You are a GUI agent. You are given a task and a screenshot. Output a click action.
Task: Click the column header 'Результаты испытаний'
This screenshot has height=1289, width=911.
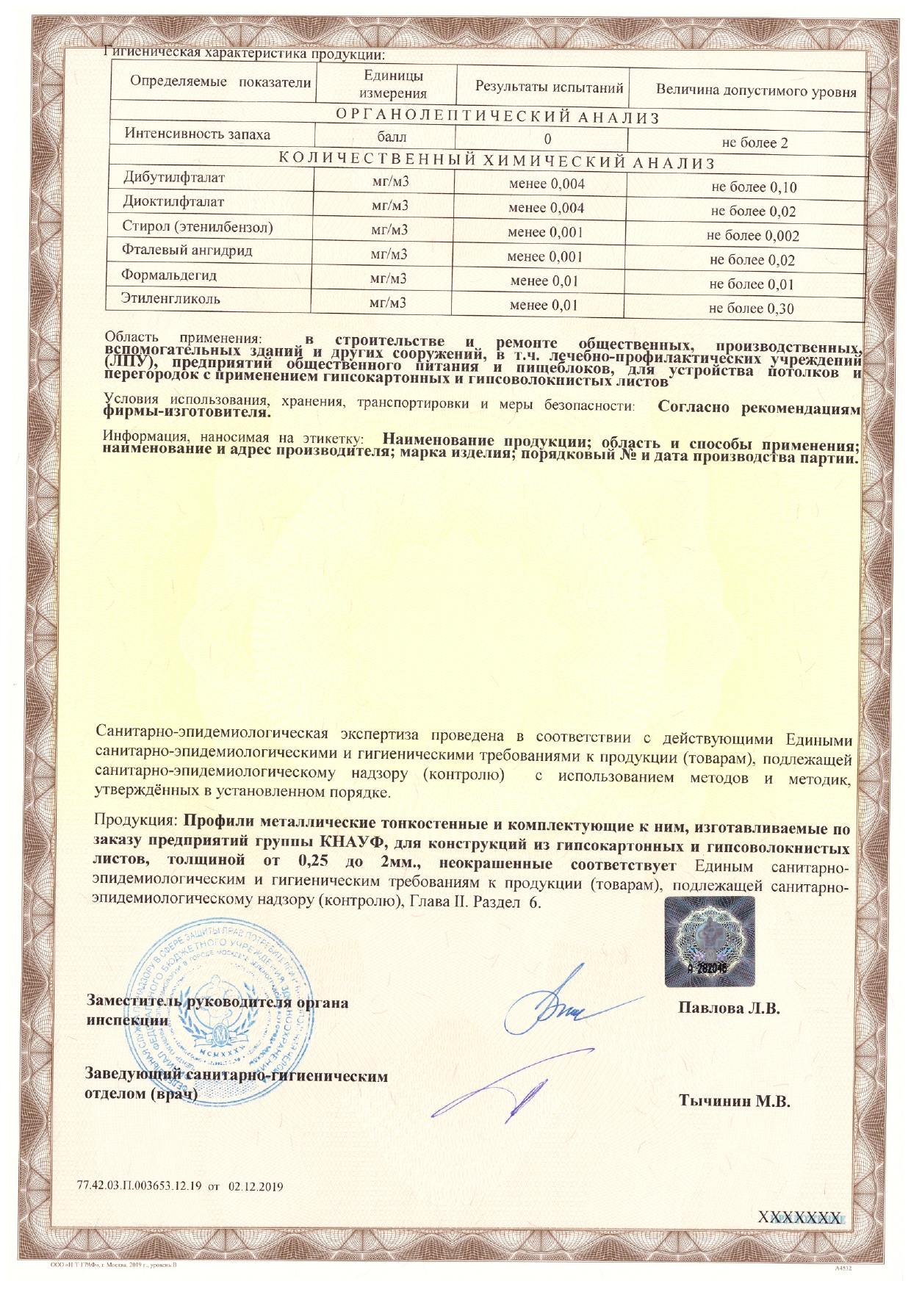(549, 87)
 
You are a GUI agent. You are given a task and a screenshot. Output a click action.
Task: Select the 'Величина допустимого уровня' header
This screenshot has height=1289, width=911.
(756, 92)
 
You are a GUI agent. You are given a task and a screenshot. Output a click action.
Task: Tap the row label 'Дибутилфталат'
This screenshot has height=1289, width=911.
(174, 178)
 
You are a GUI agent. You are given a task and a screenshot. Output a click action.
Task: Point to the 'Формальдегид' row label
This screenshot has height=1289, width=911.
(169, 275)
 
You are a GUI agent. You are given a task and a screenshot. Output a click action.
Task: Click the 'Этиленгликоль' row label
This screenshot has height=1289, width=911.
(170, 299)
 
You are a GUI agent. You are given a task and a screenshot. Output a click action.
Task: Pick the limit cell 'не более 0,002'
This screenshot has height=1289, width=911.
(752, 236)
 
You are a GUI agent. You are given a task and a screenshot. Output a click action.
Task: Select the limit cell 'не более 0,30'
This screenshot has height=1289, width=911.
(751, 308)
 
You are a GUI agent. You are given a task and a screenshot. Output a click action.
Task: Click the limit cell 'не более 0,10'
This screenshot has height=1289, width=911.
(754, 187)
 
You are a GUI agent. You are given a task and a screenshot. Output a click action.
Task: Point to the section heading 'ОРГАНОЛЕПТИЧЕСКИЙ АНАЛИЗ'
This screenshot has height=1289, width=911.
(497, 118)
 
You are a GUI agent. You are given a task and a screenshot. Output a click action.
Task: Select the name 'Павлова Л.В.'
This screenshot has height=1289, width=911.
(728, 1008)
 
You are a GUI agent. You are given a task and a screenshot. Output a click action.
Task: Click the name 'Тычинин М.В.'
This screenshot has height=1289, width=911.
(734, 1100)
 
